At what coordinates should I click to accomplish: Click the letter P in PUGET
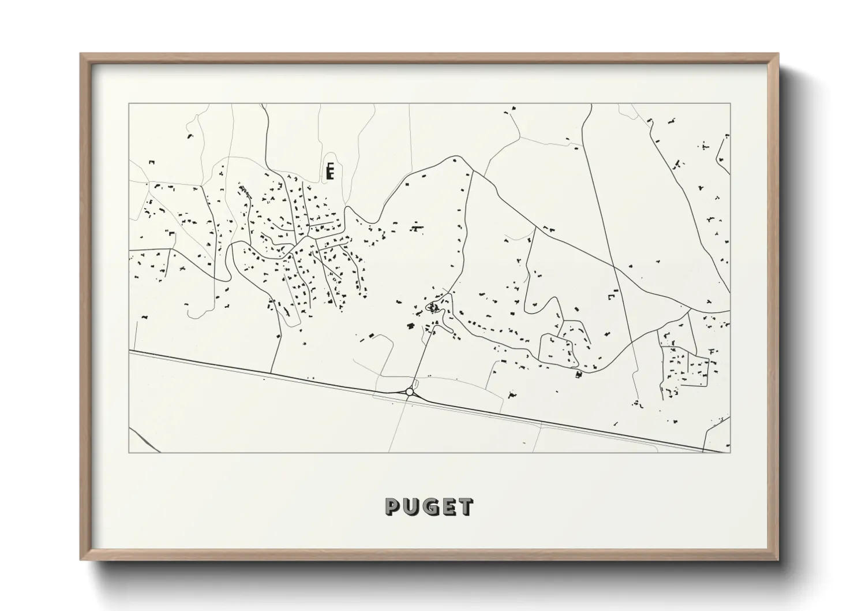tap(393, 508)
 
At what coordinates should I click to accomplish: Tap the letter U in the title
tap(411, 508)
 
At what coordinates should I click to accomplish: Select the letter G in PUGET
tap(429, 508)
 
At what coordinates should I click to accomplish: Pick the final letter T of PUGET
tap(465, 508)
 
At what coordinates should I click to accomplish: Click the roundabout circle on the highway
tap(410, 392)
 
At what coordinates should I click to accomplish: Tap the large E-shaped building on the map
tap(330, 171)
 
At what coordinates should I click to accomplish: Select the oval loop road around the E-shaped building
tap(324, 167)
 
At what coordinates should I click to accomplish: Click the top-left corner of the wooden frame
tap(81, 55)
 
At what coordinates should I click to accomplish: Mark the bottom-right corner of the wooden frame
tap(777, 559)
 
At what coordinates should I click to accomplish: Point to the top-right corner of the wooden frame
tap(777, 55)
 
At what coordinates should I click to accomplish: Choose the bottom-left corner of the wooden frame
tap(81, 559)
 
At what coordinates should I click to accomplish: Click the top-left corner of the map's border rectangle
tap(129, 104)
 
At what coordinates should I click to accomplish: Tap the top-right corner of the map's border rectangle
tap(731, 104)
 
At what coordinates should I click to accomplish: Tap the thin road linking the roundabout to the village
tap(420, 358)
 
